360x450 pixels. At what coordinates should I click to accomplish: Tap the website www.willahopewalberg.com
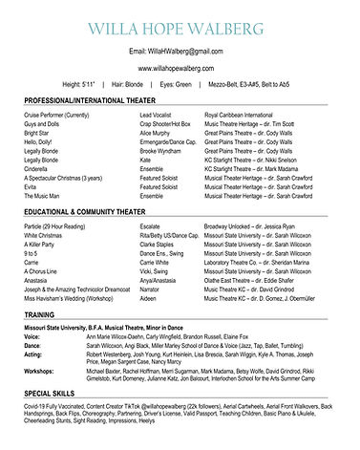pos(179,69)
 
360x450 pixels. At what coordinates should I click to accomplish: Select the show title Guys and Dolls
pos(42,124)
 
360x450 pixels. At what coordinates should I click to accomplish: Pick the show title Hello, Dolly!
pos(39,142)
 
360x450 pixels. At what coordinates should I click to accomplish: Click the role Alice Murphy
pos(159,133)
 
